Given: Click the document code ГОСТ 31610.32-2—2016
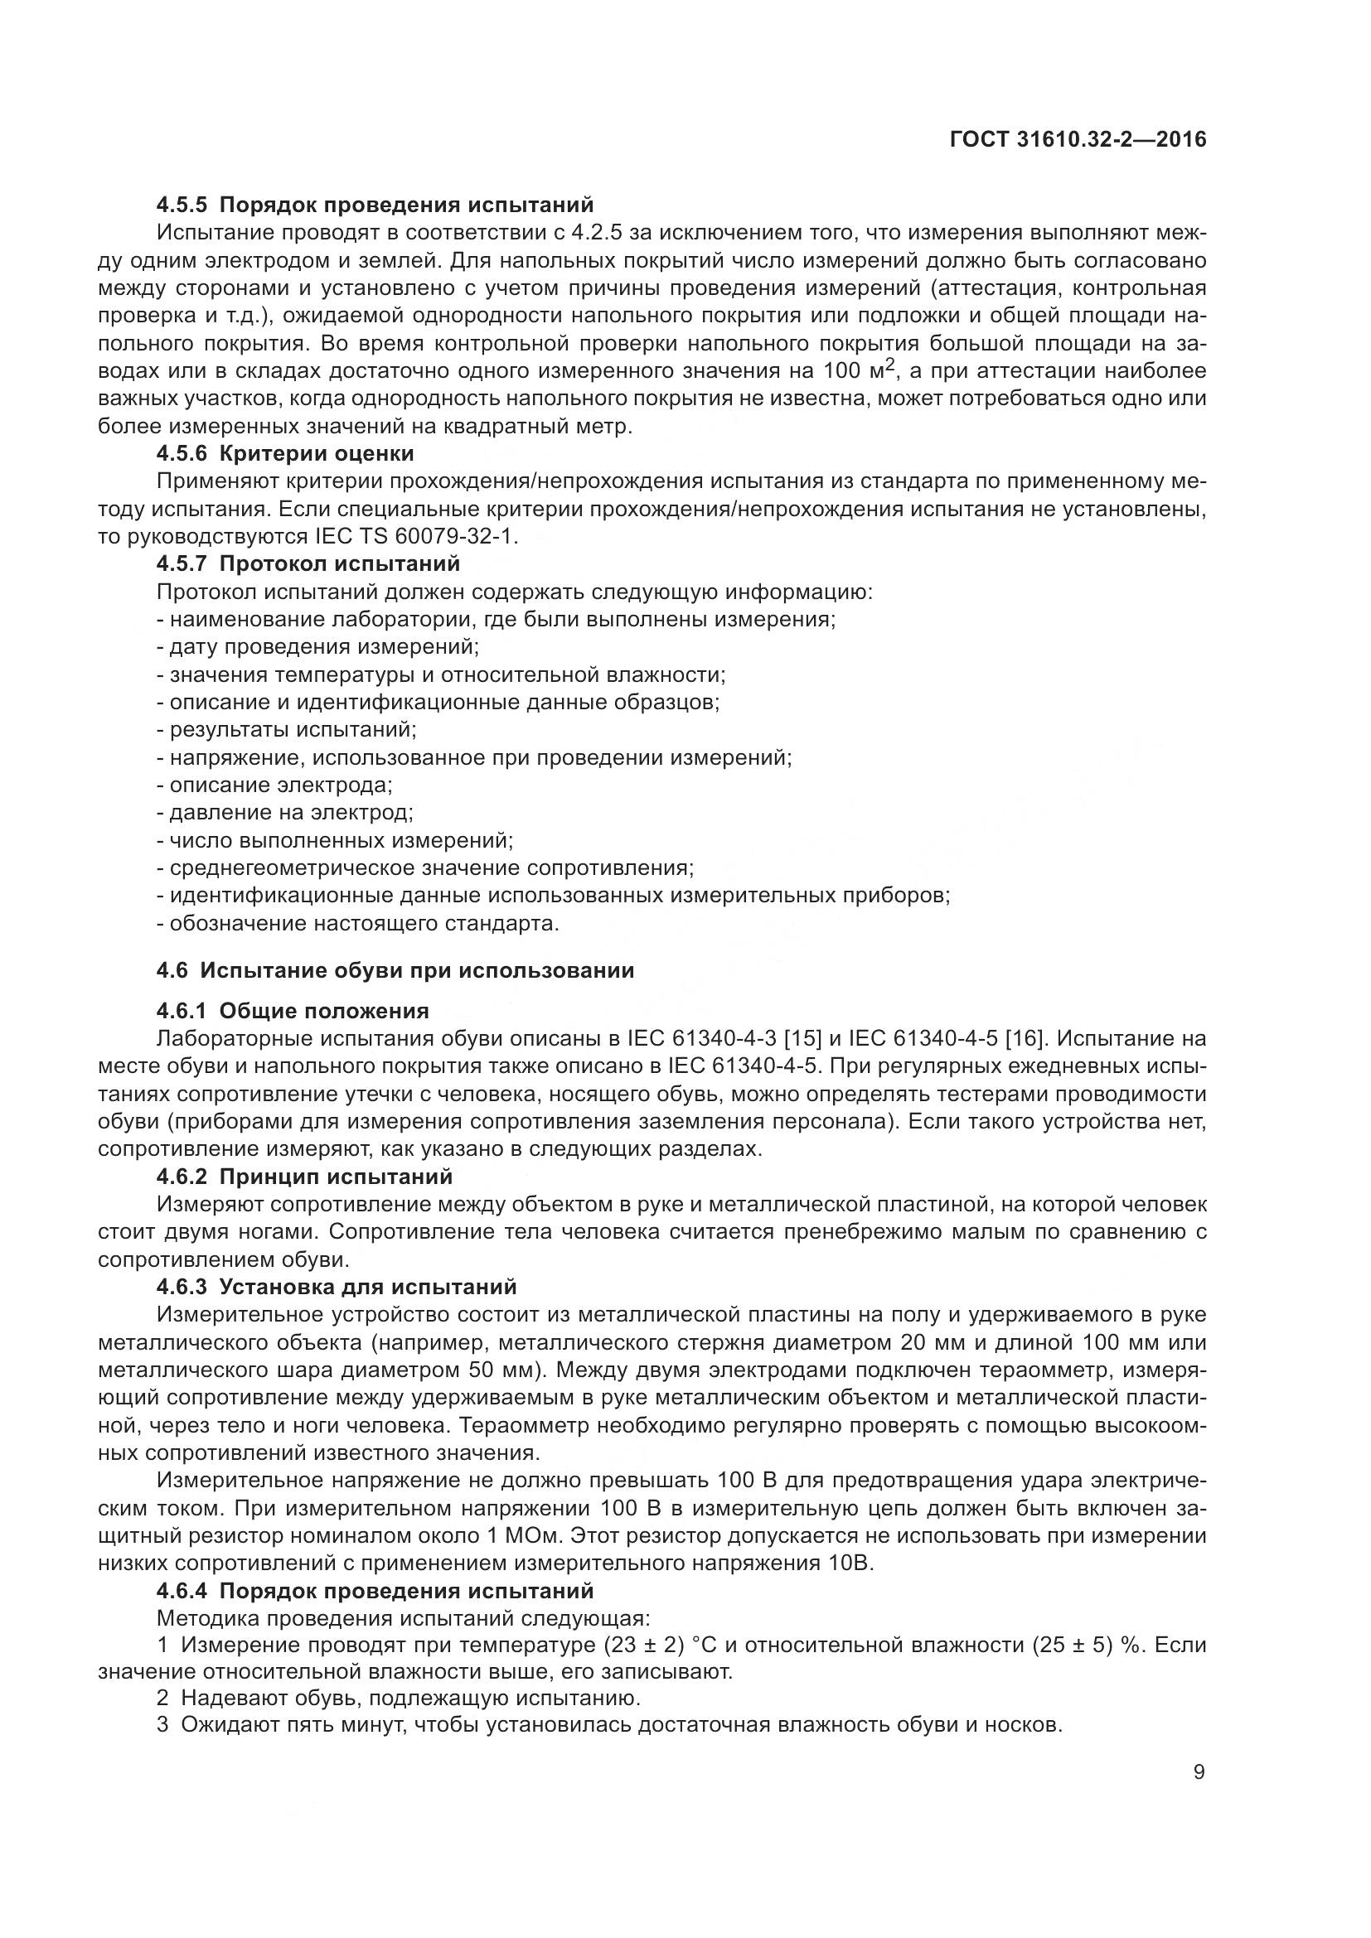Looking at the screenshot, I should click(1078, 140).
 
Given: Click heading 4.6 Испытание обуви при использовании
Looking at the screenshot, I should click(395, 971).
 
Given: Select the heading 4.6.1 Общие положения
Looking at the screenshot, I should click(293, 1011).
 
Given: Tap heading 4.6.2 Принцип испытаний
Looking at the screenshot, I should click(305, 1177).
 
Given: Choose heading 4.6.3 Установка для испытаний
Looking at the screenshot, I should click(336, 1288).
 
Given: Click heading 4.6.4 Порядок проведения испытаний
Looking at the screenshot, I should click(375, 1591).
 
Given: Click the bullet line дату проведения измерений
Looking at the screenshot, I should click(318, 647).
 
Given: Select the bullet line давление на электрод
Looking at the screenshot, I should click(285, 814).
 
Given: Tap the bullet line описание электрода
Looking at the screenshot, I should click(275, 785).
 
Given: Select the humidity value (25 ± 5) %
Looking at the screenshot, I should click(1080, 1646).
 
